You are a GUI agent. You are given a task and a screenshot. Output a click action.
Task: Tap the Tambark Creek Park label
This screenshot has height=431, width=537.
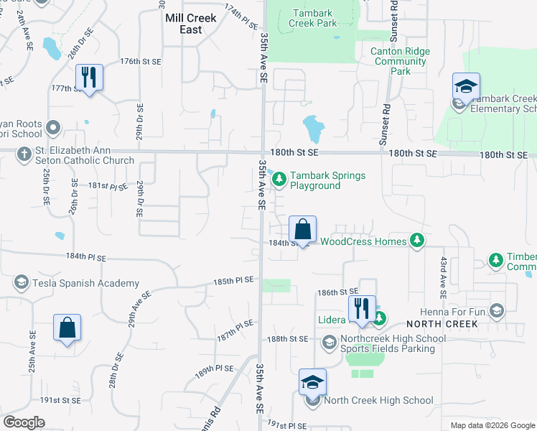point(312,18)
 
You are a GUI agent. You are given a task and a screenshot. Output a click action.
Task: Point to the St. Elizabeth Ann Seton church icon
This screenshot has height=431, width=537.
point(24,154)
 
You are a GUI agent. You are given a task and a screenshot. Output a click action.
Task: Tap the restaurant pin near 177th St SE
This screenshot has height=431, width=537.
point(89,77)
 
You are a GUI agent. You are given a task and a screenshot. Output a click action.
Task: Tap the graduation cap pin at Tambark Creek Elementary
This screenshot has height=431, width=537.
point(466,87)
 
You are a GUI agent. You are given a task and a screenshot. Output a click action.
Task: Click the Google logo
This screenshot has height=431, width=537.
point(24,422)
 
